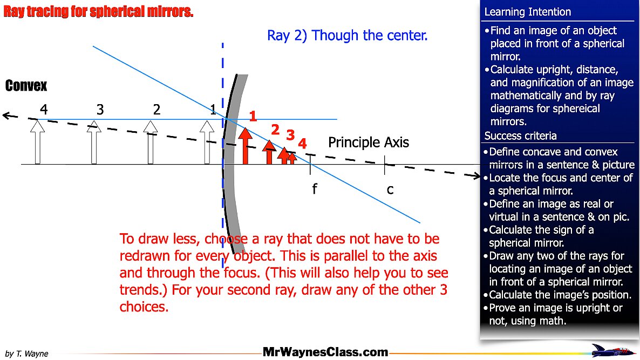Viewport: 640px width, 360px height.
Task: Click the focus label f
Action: (314, 189)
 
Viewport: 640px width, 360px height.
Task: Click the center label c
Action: (390, 189)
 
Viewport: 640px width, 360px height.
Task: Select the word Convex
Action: (26, 86)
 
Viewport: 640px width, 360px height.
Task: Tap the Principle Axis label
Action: (369, 142)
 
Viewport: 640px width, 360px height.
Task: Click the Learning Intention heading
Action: (527, 12)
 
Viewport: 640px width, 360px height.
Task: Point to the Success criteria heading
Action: (520, 135)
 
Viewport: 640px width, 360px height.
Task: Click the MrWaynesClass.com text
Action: (325, 352)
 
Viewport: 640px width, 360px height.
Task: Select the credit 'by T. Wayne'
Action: (27, 354)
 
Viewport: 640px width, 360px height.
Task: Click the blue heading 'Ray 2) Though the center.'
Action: (347, 36)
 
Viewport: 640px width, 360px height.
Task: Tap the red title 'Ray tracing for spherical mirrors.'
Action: (98, 12)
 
